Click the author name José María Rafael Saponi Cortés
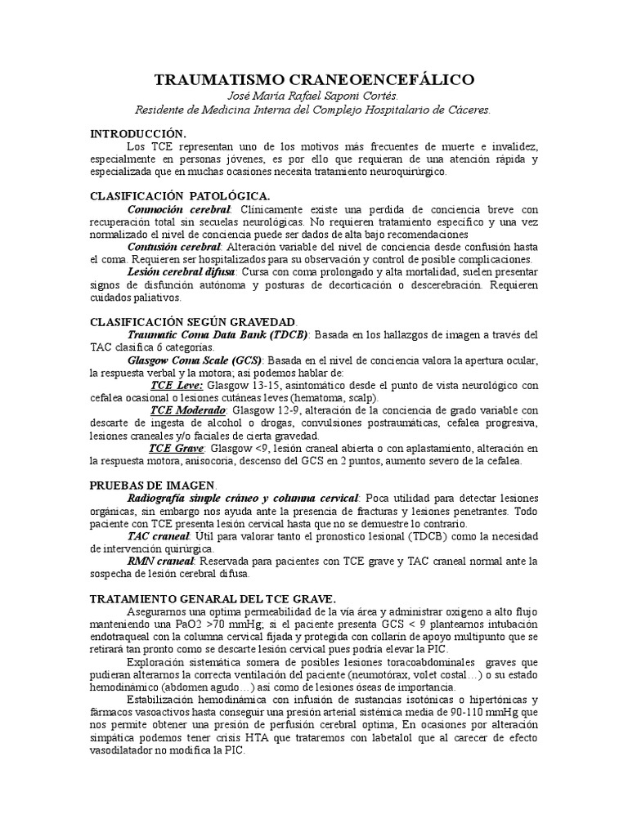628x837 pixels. pos(314,95)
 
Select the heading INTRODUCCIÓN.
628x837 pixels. pos(138,132)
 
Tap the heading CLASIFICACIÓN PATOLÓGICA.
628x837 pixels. pos(180,196)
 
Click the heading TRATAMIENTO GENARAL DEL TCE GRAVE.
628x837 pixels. pos(213,598)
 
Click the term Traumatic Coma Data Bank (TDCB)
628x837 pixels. pos(218,334)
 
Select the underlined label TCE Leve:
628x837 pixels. pos(177,385)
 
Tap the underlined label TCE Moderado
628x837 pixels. pos(190,410)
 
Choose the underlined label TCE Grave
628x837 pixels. pos(177,448)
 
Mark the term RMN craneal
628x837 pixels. pos(161,561)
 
